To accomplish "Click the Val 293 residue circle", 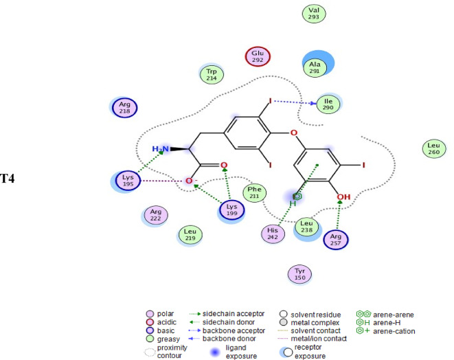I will (315, 13).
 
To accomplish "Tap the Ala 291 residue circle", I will (315, 66).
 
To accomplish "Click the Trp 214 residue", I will (212, 74).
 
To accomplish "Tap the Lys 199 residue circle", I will (231, 210).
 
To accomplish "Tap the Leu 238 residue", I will (307, 227).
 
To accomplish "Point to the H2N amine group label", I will (159, 149).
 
